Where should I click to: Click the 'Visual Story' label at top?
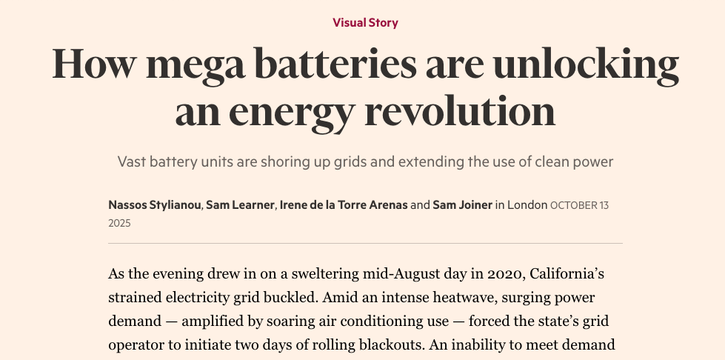[x=365, y=22]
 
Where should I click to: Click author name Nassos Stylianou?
[x=155, y=204]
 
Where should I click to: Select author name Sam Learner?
[x=240, y=204]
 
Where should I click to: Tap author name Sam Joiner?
[x=463, y=204]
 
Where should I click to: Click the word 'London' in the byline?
[x=527, y=204]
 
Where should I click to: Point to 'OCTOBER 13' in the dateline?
[x=579, y=204]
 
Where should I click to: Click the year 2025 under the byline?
[x=119, y=222]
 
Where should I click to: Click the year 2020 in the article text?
[x=505, y=274]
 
